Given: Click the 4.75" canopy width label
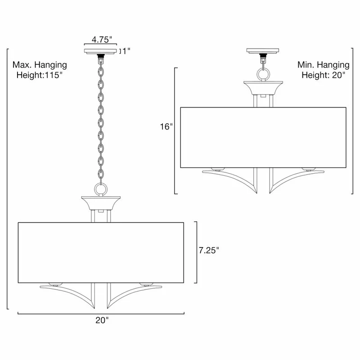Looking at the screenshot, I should point(99,39).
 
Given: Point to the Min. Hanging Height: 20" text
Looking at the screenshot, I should point(323,70).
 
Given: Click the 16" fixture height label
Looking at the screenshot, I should point(166,127).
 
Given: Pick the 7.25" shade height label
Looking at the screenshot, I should point(209,250).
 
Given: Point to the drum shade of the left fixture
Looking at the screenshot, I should point(101,252).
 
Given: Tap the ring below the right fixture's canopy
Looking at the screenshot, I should point(263,73).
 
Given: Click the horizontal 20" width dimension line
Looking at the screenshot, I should point(101,313).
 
